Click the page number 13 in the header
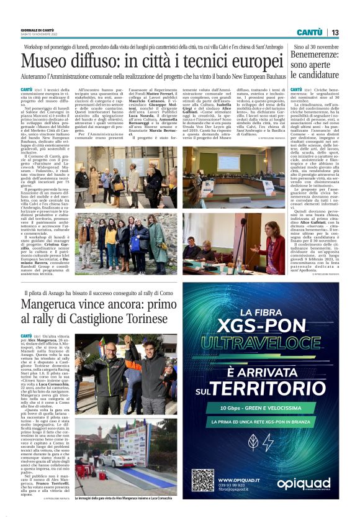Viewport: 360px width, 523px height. (x=335, y=32)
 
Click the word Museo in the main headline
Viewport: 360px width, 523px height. (x=46, y=62)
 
